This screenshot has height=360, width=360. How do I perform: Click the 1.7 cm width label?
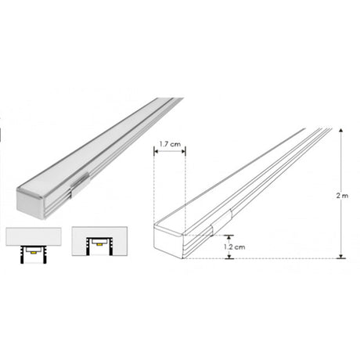[170, 144]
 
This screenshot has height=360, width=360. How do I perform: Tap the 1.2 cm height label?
[235, 247]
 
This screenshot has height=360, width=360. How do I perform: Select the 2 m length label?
[342, 196]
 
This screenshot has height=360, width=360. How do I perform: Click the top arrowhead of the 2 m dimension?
[340, 131]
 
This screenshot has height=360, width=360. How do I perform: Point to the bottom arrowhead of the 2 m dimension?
[340, 256]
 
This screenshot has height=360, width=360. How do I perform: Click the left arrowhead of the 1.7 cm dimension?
[156, 151]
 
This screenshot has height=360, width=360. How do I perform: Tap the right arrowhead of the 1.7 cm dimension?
[183, 151]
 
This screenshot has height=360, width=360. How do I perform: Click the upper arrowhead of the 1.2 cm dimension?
[229, 237]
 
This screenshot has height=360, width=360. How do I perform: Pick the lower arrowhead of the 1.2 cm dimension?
[229, 256]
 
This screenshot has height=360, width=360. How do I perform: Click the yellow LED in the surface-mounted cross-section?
[34, 253]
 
